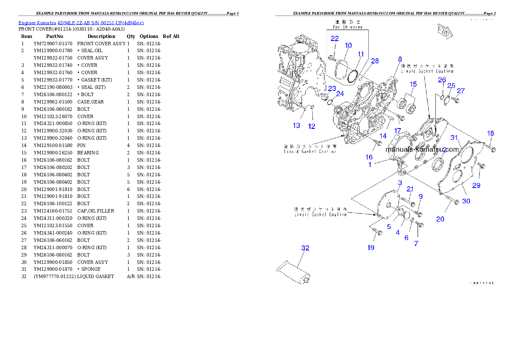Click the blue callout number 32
[305, 248]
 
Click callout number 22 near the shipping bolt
[334, 38]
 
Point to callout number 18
[491, 134]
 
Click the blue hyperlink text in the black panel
[81, 22]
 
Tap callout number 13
[296, 125]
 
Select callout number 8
[400, 59]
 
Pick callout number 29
[476, 185]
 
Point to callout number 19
[371, 247]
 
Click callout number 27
[461, 91]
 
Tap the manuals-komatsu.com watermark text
[422, 150]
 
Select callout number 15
[413, 84]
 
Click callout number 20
[440, 219]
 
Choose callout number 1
[370, 165]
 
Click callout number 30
[466, 201]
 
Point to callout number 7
[416, 244]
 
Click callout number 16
[369, 157]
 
